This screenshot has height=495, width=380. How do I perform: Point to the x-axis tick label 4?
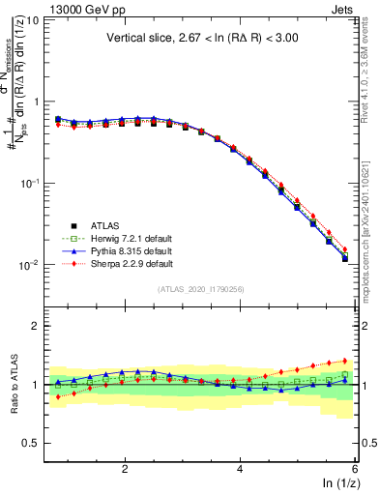240,469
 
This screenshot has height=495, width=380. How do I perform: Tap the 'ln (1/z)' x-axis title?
338,484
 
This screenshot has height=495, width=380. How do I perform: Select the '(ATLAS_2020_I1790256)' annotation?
201,288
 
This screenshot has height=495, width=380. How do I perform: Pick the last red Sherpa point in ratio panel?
345,361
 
